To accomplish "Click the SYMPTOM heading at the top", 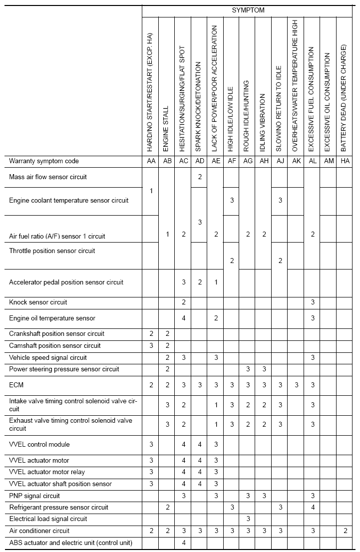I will (248, 10).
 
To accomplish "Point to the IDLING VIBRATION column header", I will (263, 121).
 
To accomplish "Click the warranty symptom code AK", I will (296, 161).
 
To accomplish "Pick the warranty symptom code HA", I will (344, 161).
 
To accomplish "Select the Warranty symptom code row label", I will (44, 161).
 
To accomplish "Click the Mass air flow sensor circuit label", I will (51, 177).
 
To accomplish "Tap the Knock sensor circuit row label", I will (38, 302).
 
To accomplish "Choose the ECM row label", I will (16, 385).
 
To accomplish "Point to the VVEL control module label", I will (39, 444).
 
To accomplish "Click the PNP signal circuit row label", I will (34, 496).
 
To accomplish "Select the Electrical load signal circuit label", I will (48, 519).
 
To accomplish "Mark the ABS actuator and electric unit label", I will (70, 543).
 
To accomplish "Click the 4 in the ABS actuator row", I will (184, 543).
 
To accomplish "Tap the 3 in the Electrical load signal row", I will (248, 519).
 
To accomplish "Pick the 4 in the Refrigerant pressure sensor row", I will (313, 507).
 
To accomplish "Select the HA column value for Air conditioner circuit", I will (345, 531).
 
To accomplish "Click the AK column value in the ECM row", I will (296, 385).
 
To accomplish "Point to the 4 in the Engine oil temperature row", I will (184, 318).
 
